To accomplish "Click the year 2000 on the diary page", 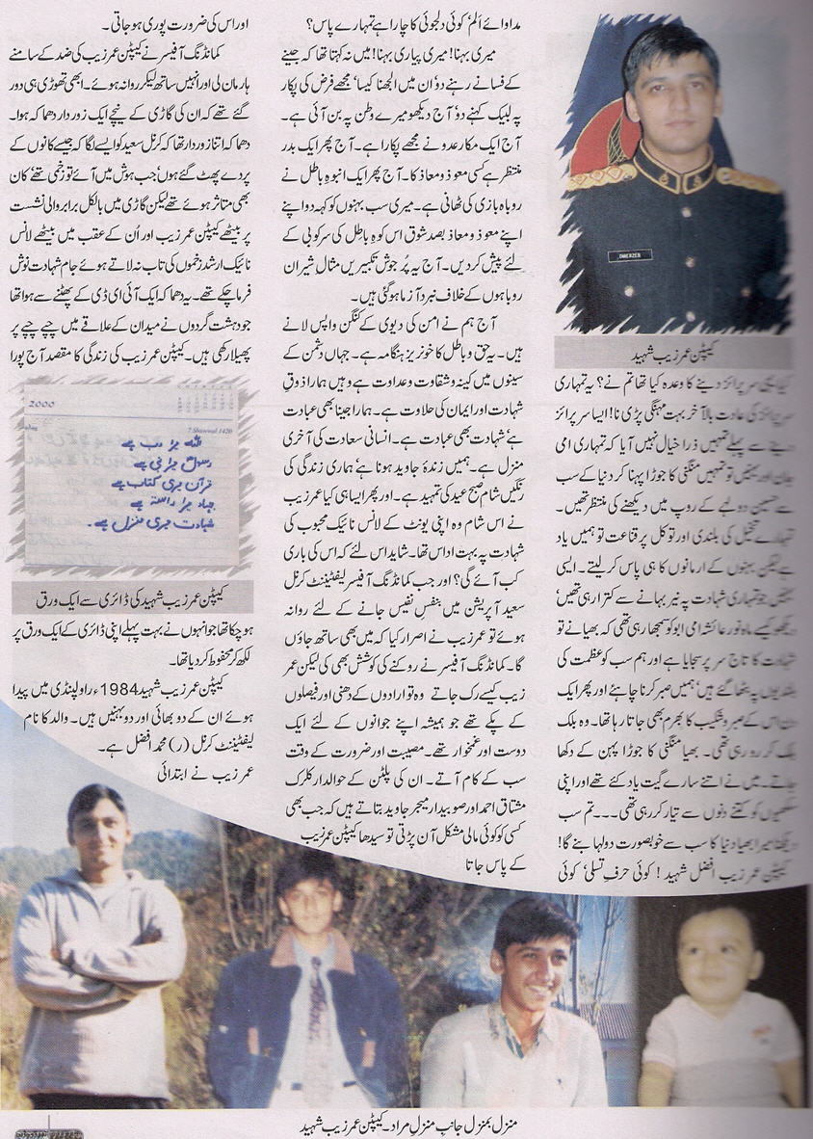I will [44, 406].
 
